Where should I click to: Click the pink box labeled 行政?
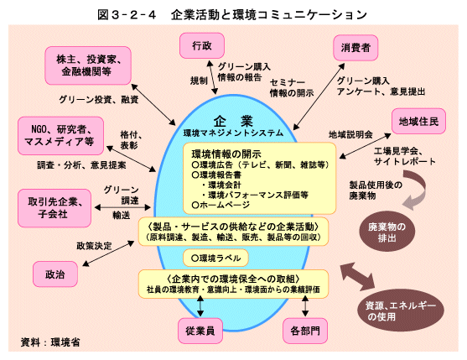[x=202, y=45]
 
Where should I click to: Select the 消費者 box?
[x=355, y=48]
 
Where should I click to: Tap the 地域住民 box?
[x=418, y=122]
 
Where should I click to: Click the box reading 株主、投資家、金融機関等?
[x=88, y=65]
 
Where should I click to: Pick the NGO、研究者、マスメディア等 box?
[x=60, y=136]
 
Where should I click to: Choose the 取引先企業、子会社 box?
[x=54, y=208]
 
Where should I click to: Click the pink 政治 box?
[x=55, y=274]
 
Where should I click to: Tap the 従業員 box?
[x=200, y=331]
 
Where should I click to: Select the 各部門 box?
[x=305, y=331]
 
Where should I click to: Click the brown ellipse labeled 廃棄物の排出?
[x=387, y=232]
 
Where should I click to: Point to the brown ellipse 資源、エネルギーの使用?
[x=401, y=310]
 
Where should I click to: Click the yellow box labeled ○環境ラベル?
[x=215, y=258]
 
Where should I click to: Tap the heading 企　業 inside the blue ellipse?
[x=233, y=121]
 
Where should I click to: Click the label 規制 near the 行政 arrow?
[x=199, y=81]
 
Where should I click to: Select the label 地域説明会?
[x=350, y=135]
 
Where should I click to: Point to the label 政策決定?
[x=94, y=246]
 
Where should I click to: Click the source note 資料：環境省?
[x=50, y=342]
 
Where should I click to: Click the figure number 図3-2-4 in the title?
[x=127, y=14]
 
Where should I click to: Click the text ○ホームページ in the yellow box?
[x=221, y=205]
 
